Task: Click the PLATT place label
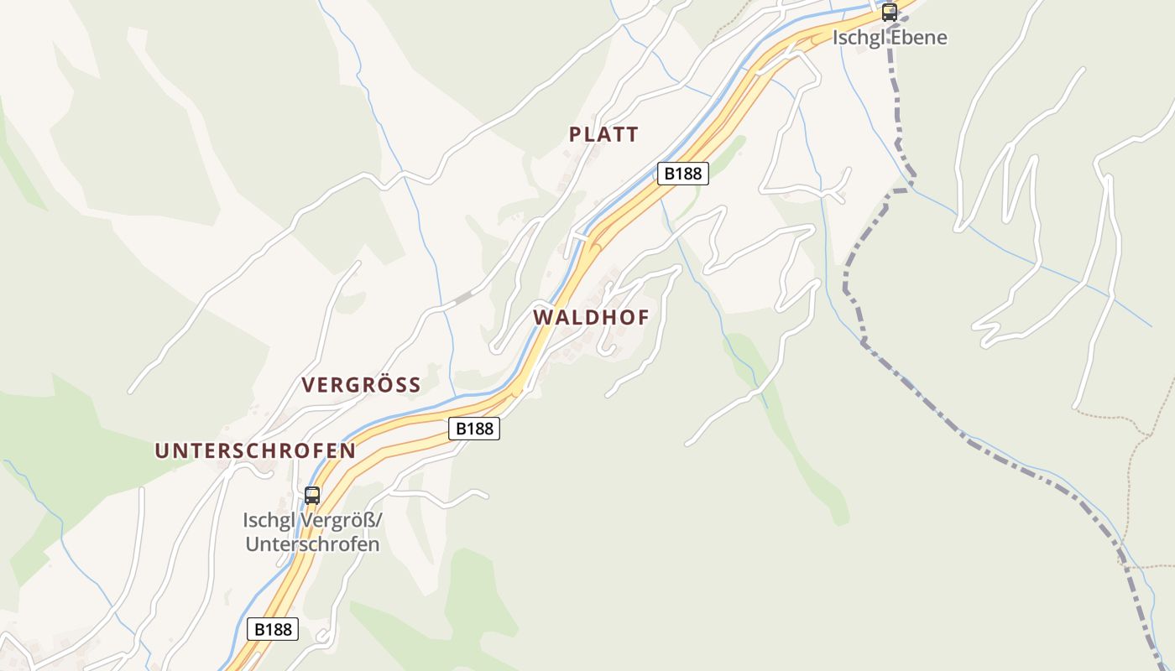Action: click(x=603, y=134)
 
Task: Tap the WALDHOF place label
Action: click(x=591, y=318)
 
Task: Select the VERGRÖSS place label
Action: click(x=361, y=385)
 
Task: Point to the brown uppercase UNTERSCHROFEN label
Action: click(x=255, y=450)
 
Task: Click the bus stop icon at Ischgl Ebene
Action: click(x=889, y=13)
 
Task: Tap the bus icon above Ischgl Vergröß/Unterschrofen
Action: click(x=312, y=495)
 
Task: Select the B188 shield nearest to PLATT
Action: click(x=681, y=174)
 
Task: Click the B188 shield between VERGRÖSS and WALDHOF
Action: click(x=474, y=429)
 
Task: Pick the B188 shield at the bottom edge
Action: click(x=274, y=629)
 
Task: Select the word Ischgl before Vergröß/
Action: click(x=269, y=521)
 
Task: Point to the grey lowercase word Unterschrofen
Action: click(x=311, y=544)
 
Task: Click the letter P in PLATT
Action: click(x=575, y=134)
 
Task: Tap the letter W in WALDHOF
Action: click(x=542, y=318)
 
